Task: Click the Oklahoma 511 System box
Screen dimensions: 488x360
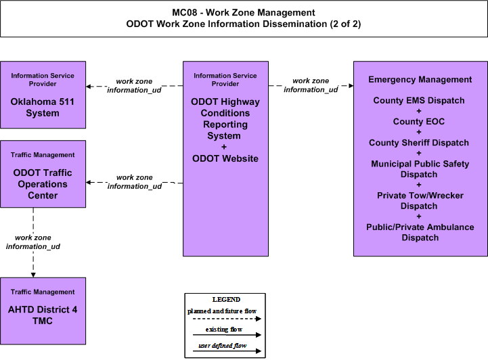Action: click(x=43, y=95)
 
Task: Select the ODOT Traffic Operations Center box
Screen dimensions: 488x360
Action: click(x=43, y=174)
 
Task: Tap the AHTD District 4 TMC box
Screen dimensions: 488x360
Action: click(x=43, y=311)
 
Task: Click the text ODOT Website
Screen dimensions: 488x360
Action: click(x=225, y=159)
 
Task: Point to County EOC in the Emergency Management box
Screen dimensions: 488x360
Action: click(x=418, y=121)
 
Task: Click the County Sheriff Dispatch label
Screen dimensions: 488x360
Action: click(x=418, y=143)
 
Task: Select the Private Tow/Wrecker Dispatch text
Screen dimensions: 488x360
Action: click(x=420, y=201)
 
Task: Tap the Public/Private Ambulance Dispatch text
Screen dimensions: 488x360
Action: click(x=420, y=232)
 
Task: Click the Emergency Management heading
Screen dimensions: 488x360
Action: click(x=420, y=80)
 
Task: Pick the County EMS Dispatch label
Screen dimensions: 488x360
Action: click(x=418, y=101)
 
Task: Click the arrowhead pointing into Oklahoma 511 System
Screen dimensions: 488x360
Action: click(x=89, y=86)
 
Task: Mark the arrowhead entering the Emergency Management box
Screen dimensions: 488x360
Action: click(x=351, y=85)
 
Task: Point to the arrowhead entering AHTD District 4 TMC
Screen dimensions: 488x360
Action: click(x=33, y=275)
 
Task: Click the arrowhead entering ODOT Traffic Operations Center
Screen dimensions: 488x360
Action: click(x=89, y=182)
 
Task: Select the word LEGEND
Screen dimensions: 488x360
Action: click(x=226, y=300)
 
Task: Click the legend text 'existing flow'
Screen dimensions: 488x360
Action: click(x=224, y=330)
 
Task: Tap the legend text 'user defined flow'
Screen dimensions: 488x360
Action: click(x=222, y=346)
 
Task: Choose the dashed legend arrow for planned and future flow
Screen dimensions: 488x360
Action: click(x=227, y=319)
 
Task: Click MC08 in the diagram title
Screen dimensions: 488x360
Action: click(x=185, y=12)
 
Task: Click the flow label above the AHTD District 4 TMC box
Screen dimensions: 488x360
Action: click(x=33, y=242)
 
